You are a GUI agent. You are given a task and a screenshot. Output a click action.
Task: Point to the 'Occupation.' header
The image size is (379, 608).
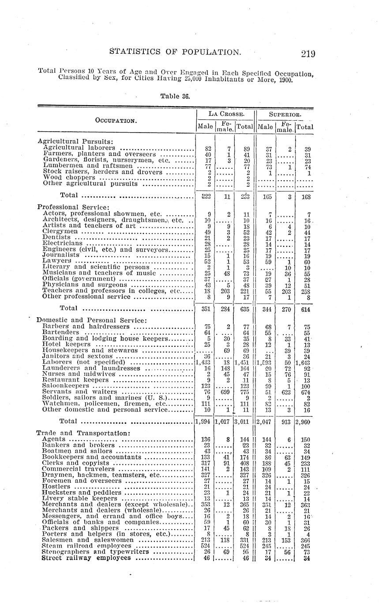[116, 120]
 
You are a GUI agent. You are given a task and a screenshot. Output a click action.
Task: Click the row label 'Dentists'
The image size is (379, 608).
[55, 237]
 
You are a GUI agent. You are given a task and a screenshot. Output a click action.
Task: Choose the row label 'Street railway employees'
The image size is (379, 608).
[86, 558]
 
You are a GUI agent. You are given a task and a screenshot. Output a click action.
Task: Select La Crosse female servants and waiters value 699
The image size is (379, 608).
[225, 391]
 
